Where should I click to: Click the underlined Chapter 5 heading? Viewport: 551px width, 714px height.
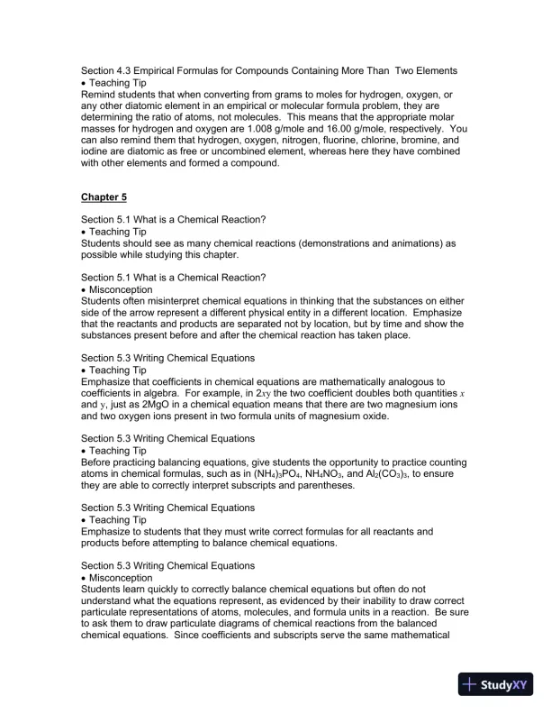coord(104,197)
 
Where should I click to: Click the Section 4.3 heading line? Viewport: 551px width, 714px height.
coord(268,70)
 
